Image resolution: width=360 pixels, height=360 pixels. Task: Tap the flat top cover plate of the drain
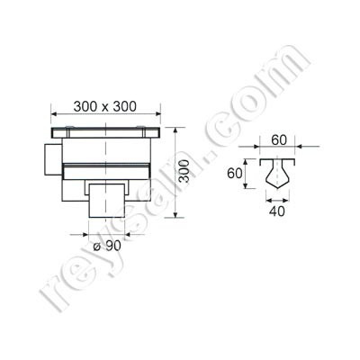106,131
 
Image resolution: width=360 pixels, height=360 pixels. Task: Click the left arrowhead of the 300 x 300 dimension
53,114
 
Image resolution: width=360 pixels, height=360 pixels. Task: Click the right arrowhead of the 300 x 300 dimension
159,114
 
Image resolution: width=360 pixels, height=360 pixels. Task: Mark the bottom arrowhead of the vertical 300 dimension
185,217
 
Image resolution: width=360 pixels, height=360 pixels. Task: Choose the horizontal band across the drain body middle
106,167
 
